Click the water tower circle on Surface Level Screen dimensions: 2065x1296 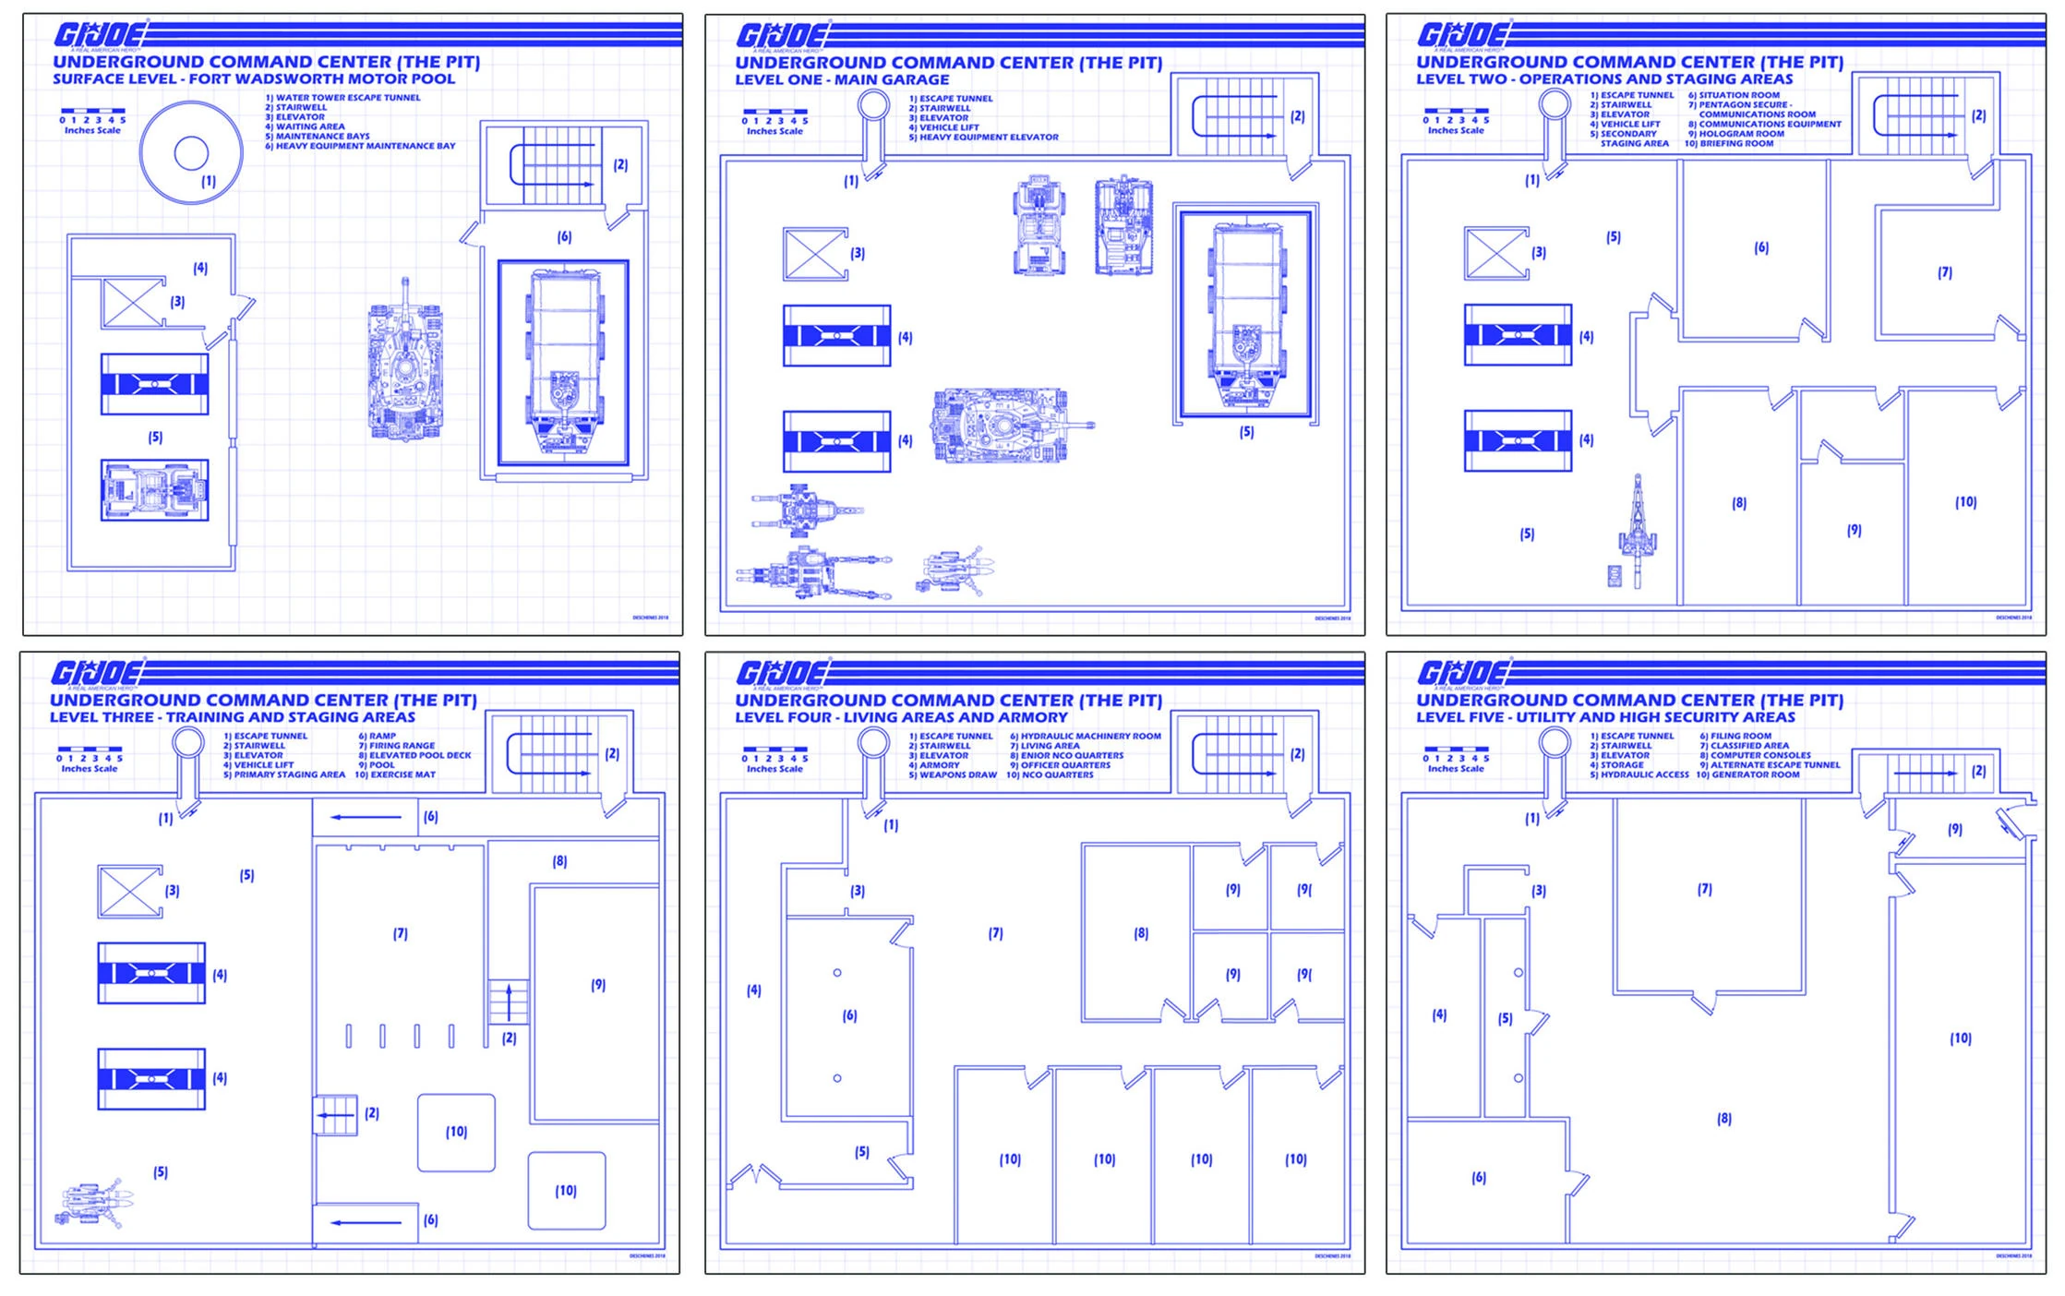pos(191,152)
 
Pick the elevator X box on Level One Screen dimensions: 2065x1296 pos(814,254)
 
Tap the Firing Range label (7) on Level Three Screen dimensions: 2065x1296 pos(400,934)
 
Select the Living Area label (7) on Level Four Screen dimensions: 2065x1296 pos(995,934)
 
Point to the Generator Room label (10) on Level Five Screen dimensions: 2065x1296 pos(1960,1038)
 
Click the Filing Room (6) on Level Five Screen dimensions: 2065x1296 pos(1483,1186)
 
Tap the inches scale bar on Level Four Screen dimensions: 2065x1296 pos(774,750)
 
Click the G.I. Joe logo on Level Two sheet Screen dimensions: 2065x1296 pos(1462,35)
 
